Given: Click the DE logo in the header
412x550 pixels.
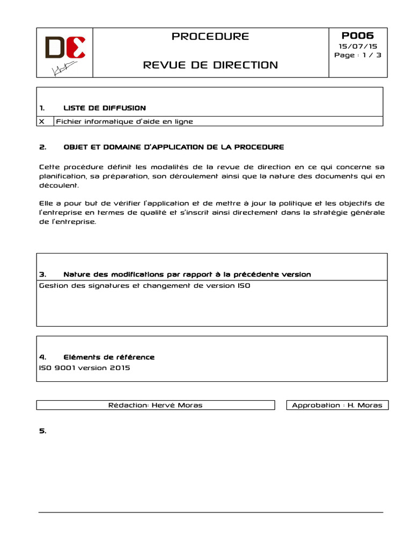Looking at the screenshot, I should click(65, 47).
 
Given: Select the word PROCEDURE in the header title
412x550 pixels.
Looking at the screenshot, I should click(210, 37).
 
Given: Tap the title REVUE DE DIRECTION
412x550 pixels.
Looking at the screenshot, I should click(210, 65).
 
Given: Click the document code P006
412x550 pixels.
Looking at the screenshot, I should click(357, 35).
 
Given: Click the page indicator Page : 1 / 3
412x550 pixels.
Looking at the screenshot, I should click(358, 55).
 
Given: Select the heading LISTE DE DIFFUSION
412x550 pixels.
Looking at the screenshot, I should click(105, 108).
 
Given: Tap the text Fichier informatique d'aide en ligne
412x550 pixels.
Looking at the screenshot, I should click(124, 121).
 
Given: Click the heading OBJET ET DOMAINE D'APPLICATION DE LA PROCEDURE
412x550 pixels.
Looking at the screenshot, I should click(174, 147).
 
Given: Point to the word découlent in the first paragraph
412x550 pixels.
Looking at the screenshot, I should click(59, 185).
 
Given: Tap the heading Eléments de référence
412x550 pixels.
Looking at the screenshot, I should click(109, 357).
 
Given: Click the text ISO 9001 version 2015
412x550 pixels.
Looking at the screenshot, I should click(84, 368).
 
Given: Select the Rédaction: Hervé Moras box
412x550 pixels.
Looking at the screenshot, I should click(156, 405).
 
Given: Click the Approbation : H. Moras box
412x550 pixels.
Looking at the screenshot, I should click(337, 405).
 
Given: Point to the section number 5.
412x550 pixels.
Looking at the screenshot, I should click(43, 431).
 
